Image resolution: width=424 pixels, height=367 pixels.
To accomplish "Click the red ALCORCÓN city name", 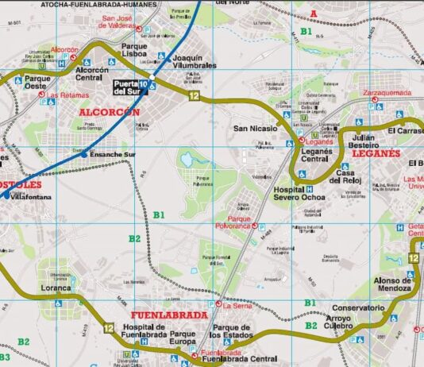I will (x=110, y=113).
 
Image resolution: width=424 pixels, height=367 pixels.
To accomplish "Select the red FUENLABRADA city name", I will (x=169, y=315).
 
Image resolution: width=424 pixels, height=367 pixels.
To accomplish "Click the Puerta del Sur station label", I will (x=129, y=87).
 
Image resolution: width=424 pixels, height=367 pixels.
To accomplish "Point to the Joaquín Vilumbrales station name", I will (x=194, y=62).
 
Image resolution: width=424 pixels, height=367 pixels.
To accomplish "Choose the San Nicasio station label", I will (x=254, y=128).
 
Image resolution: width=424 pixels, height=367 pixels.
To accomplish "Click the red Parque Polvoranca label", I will (x=239, y=222).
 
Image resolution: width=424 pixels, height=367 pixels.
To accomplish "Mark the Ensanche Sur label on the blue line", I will (x=114, y=154).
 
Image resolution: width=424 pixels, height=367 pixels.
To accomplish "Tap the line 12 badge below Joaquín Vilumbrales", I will (x=194, y=95).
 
